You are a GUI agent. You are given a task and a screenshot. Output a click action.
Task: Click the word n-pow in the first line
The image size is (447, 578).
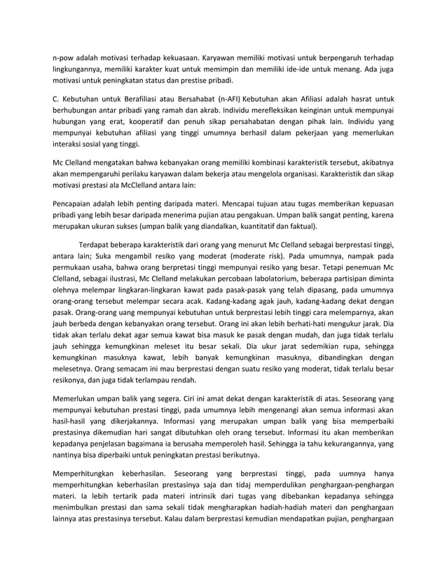[64, 57]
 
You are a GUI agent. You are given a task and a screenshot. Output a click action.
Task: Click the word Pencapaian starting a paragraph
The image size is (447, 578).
[76, 202]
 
